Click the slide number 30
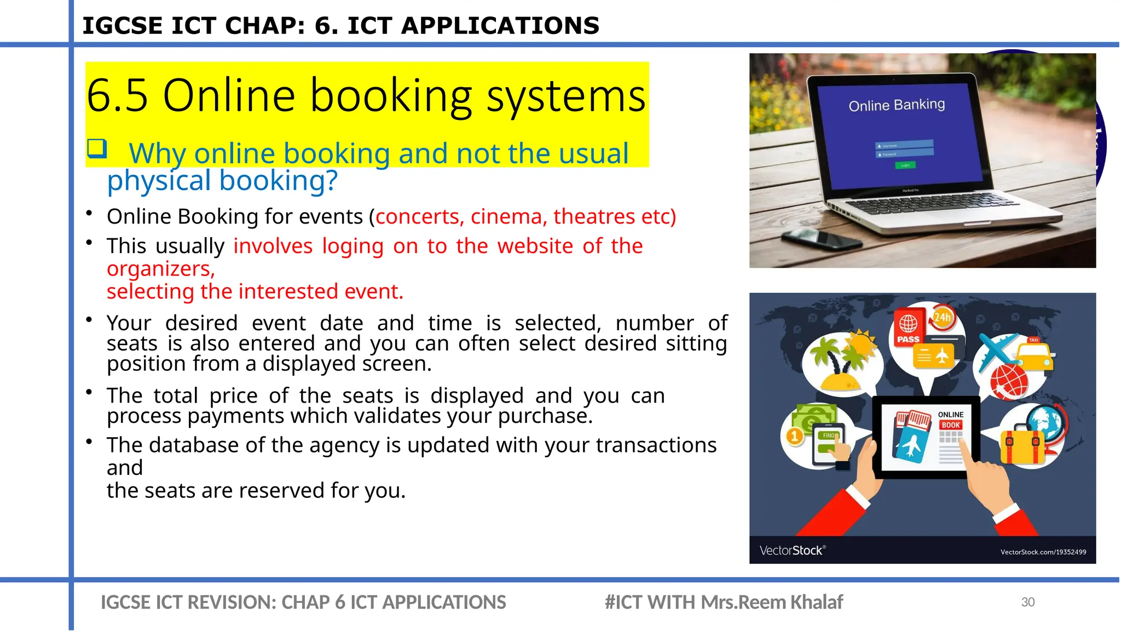pos(1027,602)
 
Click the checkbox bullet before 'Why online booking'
pos(97,148)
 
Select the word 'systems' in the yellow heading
pos(566,96)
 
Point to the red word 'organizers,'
pos(160,269)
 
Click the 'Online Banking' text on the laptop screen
pos(897,105)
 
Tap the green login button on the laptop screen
pos(905,165)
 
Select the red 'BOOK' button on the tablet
pos(951,425)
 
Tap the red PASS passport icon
pos(908,329)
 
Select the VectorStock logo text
pos(791,550)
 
